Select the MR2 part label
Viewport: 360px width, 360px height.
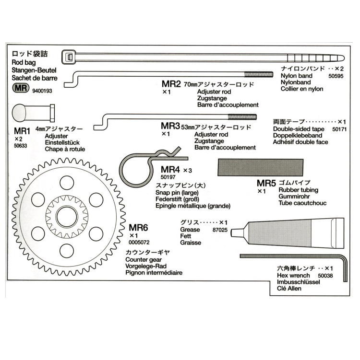(x=170, y=85)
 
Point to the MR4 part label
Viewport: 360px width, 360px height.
(x=170, y=169)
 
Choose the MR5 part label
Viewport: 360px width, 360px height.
(x=266, y=183)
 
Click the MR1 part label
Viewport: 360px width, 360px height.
(x=23, y=130)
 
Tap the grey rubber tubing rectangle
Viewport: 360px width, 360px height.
(x=261, y=167)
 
